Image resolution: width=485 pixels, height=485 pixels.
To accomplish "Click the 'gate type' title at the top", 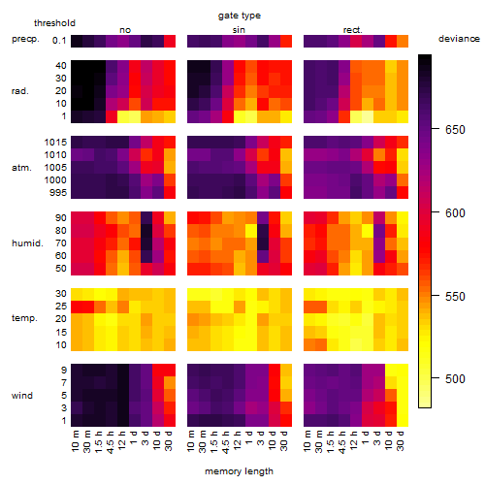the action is click(240, 16).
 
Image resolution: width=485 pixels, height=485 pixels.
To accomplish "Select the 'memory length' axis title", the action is click(239, 471).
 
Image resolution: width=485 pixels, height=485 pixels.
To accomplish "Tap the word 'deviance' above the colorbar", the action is click(459, 39).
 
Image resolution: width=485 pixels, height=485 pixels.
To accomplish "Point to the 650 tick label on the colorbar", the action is click(455, 130).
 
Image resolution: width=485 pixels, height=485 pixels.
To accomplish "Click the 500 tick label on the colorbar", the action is click(455, 378).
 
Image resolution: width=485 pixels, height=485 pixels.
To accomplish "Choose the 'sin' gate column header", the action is click(239, 30).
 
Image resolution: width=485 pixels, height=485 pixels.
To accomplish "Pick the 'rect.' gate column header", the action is click(353, 30).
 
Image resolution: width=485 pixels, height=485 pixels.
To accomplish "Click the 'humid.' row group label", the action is click(27, 243).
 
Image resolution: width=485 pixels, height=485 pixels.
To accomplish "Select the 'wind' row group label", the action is click(22, 396).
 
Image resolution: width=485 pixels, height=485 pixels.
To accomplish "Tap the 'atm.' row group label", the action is click(21, 168).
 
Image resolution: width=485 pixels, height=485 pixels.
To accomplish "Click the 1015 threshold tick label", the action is click(55, 143).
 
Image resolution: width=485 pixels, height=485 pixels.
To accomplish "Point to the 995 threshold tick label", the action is click(58, 193).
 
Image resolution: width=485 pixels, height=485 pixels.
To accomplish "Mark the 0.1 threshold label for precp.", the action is click(59, 41).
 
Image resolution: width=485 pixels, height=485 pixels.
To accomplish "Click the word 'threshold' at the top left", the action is click(54, 23).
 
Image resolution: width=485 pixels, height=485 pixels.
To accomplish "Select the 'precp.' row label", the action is click(25, 39).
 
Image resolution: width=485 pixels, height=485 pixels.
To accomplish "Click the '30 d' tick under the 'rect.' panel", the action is click(401, 441).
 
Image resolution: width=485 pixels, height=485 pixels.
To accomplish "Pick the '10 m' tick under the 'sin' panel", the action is click(191, 441).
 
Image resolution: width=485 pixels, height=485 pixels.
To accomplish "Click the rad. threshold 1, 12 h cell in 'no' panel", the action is click(123, 116).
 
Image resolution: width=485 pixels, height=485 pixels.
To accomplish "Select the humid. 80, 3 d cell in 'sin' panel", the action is click(263, 231).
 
